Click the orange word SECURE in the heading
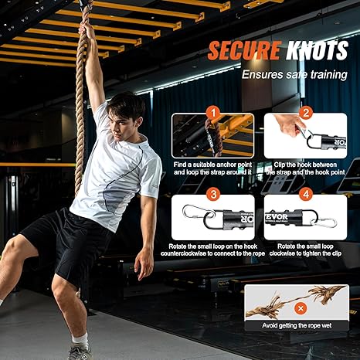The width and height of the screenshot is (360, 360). (243, 50)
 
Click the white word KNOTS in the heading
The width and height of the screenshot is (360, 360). (317, 50)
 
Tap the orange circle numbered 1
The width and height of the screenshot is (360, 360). (213, 113)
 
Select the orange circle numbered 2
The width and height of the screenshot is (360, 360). (306, 113)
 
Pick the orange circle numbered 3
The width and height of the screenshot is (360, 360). (213, 195)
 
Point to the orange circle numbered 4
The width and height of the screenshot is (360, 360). (306, 195)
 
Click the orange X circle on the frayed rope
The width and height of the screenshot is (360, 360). (301, 308)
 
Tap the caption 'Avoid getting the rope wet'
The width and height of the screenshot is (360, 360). (297, 326)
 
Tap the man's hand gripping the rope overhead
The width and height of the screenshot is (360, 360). (88, 29)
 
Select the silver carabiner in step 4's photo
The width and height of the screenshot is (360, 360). (324, 222)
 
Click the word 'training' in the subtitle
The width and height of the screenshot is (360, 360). (329, 75)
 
